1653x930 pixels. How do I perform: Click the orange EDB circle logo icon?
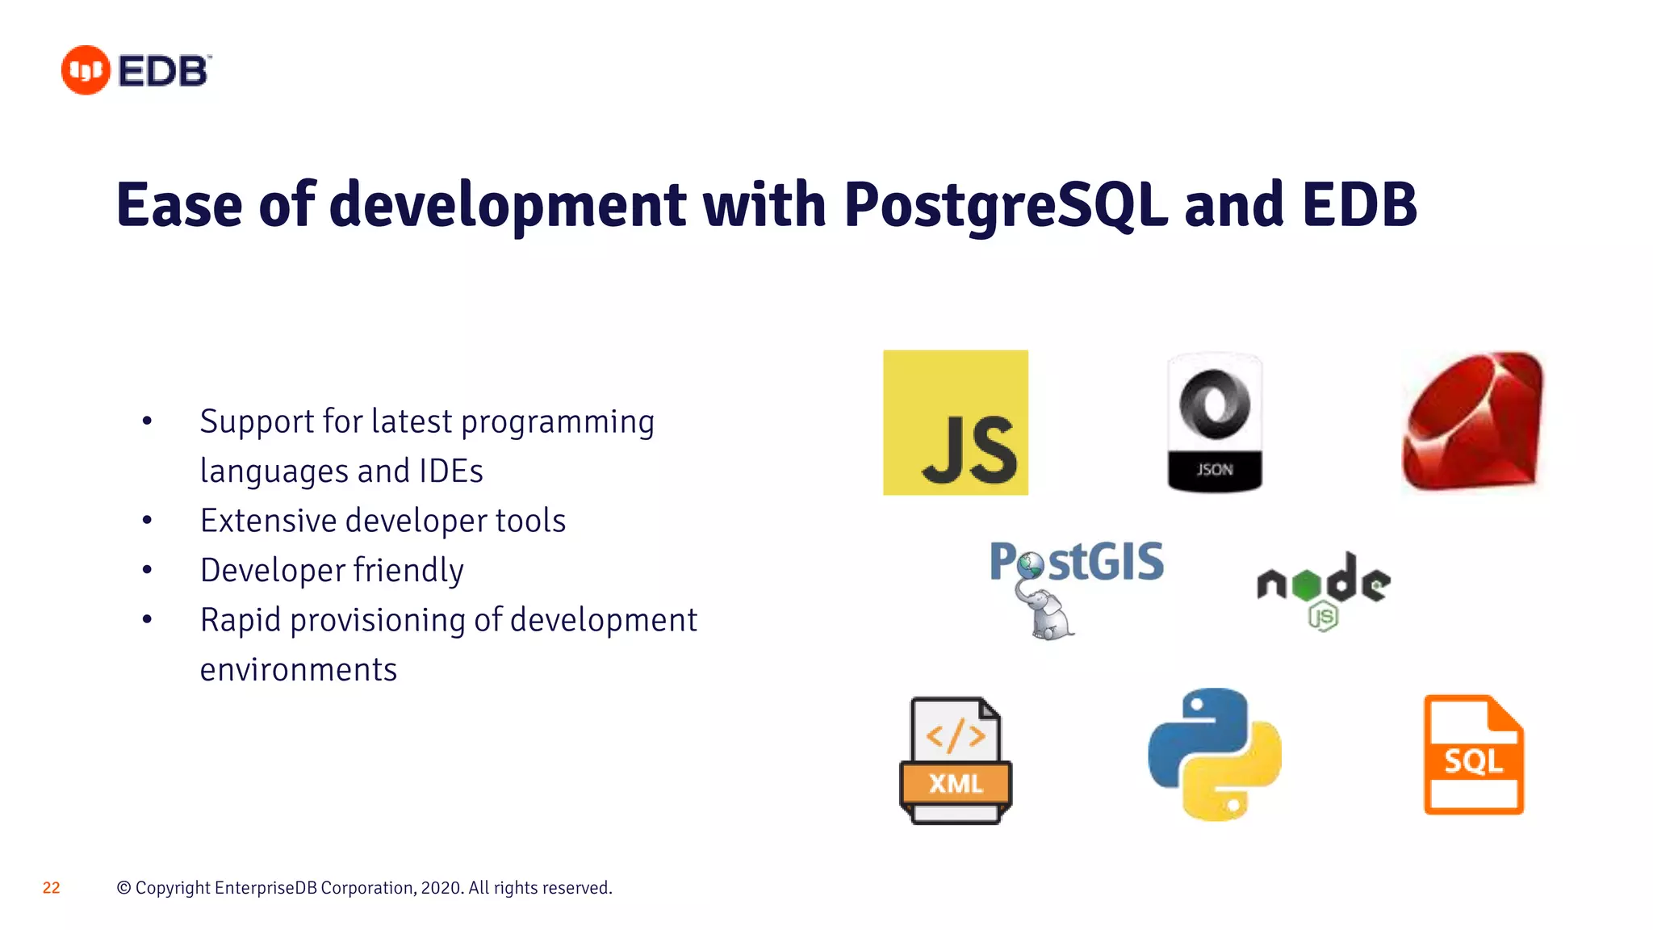[86, 70]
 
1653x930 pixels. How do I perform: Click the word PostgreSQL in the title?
[1005, 205]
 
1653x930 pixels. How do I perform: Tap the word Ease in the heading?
[179, 205]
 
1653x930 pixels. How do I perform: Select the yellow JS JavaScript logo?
[956, 422]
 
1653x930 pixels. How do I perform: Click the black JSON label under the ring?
[1214, 469]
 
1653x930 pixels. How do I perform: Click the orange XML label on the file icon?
[956, 783]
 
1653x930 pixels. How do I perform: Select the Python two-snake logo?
[1215, 754]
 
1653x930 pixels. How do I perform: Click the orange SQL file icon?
[1473, 755]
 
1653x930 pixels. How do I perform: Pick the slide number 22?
[51, 888]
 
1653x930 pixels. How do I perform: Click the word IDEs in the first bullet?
[450, 471]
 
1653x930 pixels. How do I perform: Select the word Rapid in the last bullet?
[240, 620]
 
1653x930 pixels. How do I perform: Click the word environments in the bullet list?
[299, 670]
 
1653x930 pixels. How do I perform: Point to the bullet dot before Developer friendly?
[147, 570]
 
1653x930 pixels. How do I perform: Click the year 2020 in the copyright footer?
[441, 888]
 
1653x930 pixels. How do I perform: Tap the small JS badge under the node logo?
[1323, 618]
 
